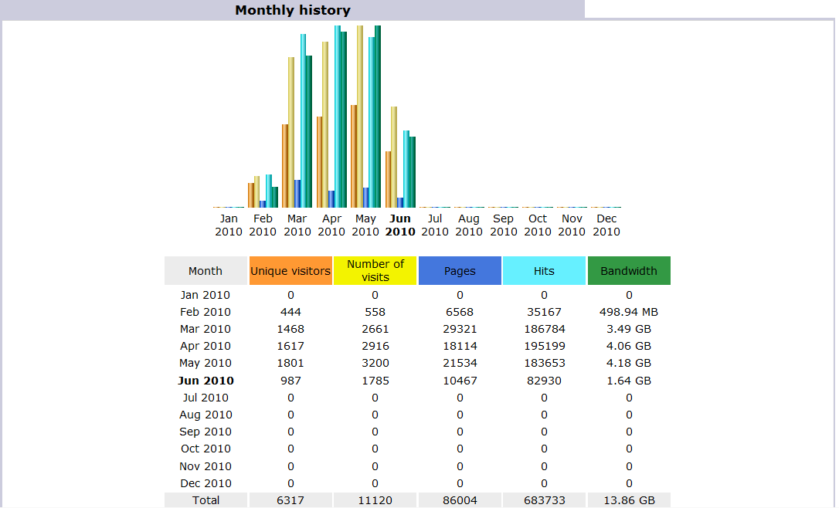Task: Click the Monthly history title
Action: click(293, 10)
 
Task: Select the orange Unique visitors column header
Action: click(290, 271)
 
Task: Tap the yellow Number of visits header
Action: click(375, 270)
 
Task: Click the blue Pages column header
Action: click(460, 271)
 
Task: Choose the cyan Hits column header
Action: click(544, 271)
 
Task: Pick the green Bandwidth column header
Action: click(629, 271)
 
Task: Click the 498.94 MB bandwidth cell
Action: click(629, 312)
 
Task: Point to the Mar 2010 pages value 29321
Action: click(460, 329)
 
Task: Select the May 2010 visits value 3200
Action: click(375, 363)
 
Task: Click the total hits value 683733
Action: click(544, 500)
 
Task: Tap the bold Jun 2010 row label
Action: click(206, 381)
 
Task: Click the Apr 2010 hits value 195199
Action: click(544, 346)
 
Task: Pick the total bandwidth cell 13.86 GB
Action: click(629, 500)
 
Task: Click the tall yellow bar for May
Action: click(360, 116)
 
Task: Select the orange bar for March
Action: click(285, 166)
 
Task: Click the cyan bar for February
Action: click(269, 191)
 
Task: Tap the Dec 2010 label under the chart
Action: click(606, 225)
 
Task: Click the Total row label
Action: click(206, 500)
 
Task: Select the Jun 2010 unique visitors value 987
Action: click(290, 381)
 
